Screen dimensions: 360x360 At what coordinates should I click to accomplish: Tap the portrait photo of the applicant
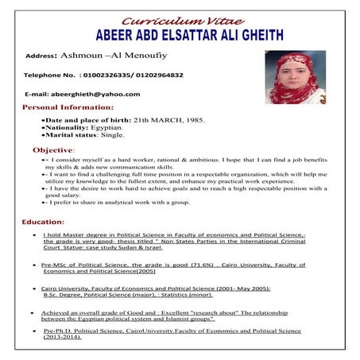(296, 77)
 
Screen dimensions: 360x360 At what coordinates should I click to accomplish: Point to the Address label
(42, 57)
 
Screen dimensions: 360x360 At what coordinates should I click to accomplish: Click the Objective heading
(54, 149)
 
